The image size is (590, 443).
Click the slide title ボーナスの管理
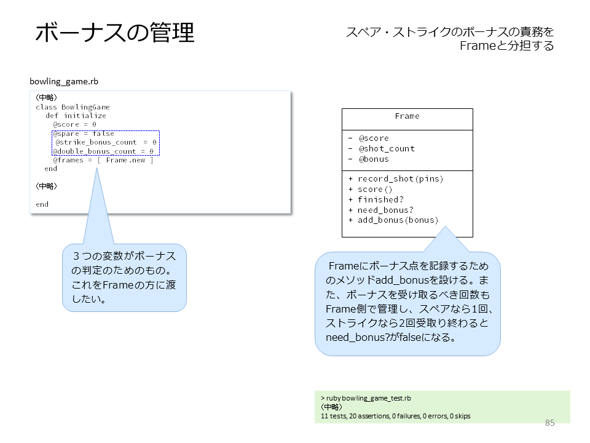point(115,32)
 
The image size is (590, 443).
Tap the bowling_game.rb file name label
point(64,81)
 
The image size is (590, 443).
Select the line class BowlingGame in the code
point(73,107)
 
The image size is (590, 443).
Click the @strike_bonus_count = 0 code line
point(106,142)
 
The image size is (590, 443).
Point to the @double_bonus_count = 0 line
point(103,151)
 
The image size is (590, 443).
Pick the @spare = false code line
point(84,134)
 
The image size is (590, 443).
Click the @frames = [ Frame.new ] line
point(103,160)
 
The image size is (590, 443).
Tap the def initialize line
point(76,116)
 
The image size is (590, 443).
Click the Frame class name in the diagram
point(407,116)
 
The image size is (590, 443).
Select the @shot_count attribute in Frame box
point(387,149)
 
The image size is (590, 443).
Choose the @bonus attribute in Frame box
point(374,159)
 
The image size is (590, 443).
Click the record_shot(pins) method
point(400,178)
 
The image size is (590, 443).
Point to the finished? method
point(380,199)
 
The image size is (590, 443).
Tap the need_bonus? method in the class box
point(385,210)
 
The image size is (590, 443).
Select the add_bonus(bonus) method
point(398,220)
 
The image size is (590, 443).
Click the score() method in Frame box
point(375,189)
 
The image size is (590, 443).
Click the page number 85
point(549,423)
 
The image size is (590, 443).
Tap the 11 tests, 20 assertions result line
point(395,416)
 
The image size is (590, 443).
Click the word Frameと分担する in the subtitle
point(506,46)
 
